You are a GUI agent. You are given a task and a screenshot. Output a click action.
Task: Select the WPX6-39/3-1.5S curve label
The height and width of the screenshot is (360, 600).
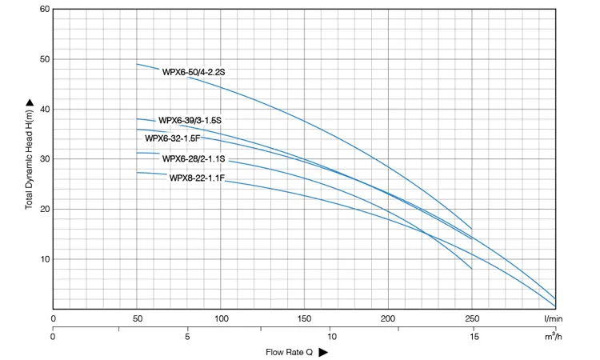pyautogui.click(x=190, y=121)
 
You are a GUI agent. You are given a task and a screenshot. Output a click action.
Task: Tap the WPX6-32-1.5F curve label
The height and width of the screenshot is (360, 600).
pyautogui.click(x=172, y=138)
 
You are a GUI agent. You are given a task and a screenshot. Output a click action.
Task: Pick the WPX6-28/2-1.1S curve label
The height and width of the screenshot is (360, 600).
pyautogui.click(x=194, y=158)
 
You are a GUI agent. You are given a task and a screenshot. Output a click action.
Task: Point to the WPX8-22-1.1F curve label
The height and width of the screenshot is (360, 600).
pyautogui.click(x=197, y=178)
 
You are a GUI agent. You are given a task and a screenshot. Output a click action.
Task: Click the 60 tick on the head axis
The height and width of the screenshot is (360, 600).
pyautogui.click(x=44, y=10)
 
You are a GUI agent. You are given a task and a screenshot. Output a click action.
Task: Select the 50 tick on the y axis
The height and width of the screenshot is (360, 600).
pyautogui.click(x=44, y=59)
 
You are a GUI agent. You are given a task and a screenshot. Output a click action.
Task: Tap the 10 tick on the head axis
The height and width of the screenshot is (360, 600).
pyautogui.click(x=44, y=259)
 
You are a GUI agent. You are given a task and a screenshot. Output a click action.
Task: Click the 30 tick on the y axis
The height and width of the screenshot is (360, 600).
pyautogui.click(x=44, y=159)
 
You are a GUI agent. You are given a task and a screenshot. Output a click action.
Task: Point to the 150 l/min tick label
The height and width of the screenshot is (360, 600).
pyautogui.click(x=305, y=319)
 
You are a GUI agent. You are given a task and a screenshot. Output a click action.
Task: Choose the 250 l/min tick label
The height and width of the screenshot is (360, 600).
pyautogui.click(x=472, y=319)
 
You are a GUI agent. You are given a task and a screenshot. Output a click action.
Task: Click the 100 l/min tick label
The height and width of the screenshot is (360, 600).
pyautogui.click(x=221, y=319)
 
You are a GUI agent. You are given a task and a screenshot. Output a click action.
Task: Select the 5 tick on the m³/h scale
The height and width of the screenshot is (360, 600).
pyautogui.click(x=187, y=336)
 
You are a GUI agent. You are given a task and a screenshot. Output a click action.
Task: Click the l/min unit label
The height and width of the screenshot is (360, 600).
pyautogui.click(x=554, y=319)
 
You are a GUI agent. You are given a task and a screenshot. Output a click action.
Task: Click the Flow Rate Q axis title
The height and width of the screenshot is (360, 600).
pyautogui.click(x=289, y=352)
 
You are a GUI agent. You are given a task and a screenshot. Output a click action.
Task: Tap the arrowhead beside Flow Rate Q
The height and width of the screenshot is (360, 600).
pyautogui.click(x=323, y=352)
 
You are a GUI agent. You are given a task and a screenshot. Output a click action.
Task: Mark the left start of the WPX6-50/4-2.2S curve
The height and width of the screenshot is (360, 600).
pyautogui.click(x=137, y=64)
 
